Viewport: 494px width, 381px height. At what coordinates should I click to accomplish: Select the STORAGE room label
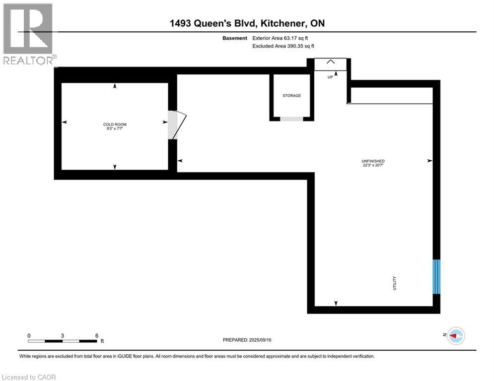click(x=291, y=96)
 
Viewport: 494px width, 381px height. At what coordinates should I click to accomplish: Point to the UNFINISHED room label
click(x=373, y=161)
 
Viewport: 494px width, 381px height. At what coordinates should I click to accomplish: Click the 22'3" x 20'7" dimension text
click(x=373, y=166)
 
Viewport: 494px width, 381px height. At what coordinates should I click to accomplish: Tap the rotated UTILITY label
click(x=395, y=283)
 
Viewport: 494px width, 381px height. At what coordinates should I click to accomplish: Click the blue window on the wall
click(x=436, y=276)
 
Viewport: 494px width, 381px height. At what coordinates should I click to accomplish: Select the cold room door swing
click(x=176, y=125)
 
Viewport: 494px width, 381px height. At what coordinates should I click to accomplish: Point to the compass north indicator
click(x=455, y=336)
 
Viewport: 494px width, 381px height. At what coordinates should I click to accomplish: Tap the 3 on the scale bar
click(x=63, y=335)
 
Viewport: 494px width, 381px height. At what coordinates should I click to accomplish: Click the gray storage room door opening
click(x=291, y=119)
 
